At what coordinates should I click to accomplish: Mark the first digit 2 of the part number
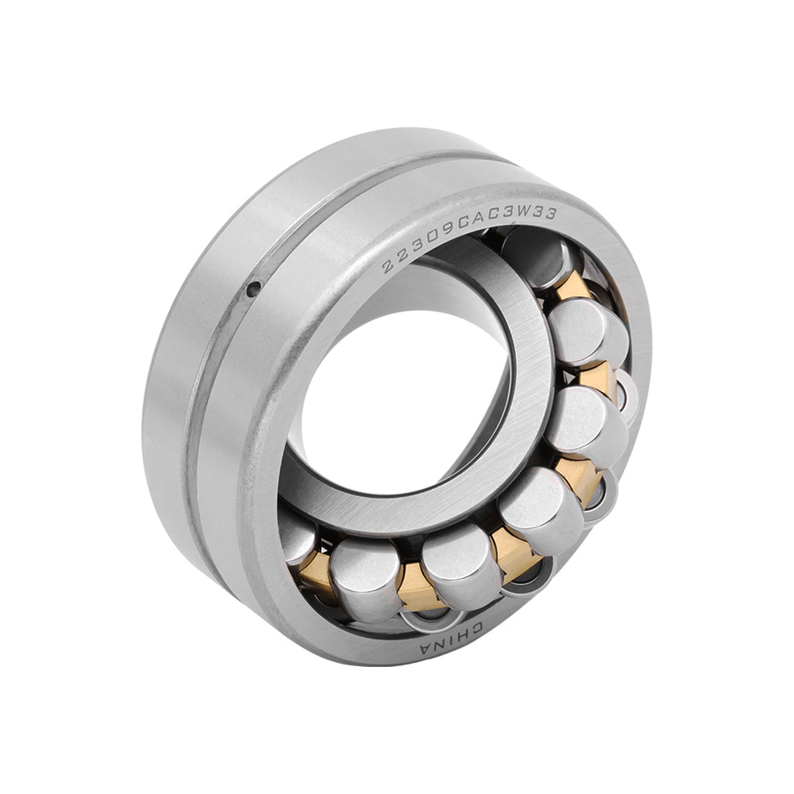389,267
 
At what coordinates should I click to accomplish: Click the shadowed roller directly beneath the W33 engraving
535,255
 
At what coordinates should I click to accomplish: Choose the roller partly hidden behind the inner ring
298,535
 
